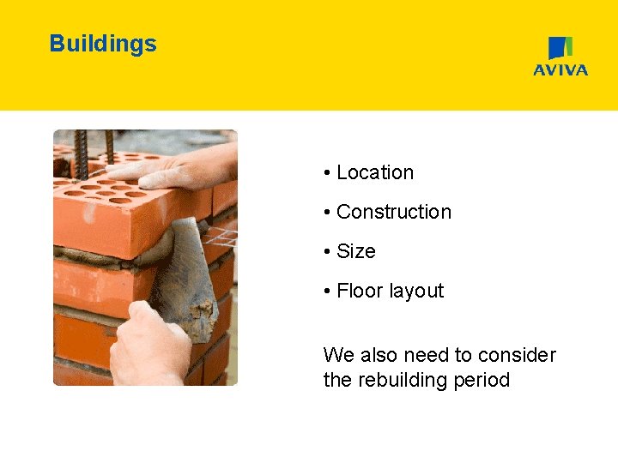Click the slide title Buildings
[x=103, y=44]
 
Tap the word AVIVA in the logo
[x=560, y=70]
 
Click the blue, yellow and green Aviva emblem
[x=560, y=48]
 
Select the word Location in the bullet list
[x=375, y=172]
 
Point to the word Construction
[x=394, y=212]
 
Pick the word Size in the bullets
[x=356, y=251]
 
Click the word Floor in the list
[x=360, y=291]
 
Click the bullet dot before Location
[x=328, y=173]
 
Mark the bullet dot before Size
[x=328, y=252]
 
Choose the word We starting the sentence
[x=336, y=355]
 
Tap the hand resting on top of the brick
[x=185, y=170]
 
